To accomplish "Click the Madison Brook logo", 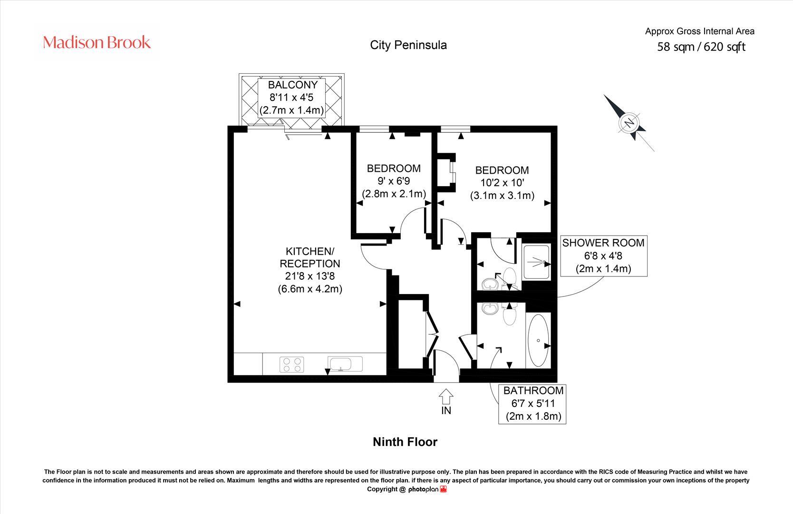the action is pyautogui.click(x=97, y=42).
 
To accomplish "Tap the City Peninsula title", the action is pyautogui.click(x=408, y=45).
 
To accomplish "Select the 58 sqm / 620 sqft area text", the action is pyautogui.click(x=701, y=47).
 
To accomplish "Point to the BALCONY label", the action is pyautogui.click(x=292, y=85).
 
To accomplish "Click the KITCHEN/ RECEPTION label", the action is pyautogui.click(x=310, y=257).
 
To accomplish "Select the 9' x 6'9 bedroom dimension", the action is pyautogui.click(x=394, y=181).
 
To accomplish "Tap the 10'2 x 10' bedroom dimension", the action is pyautogui.click(x=502, y=183).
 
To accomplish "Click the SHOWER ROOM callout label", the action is pyautogui.click(x=603, y=243).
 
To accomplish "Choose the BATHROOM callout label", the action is pyautogui.click(x=533, y=391).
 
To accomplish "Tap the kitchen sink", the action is pyautogui.click(x=345, y=364).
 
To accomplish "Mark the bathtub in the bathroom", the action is pyautogui.click(x=538, y=340).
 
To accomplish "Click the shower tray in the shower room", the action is pyautogui.click(x=536, y=261).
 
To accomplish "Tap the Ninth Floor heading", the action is pyautogui.click(x=405, y=442).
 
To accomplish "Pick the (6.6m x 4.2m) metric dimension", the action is pyautogui.click(x=310, y=289).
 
